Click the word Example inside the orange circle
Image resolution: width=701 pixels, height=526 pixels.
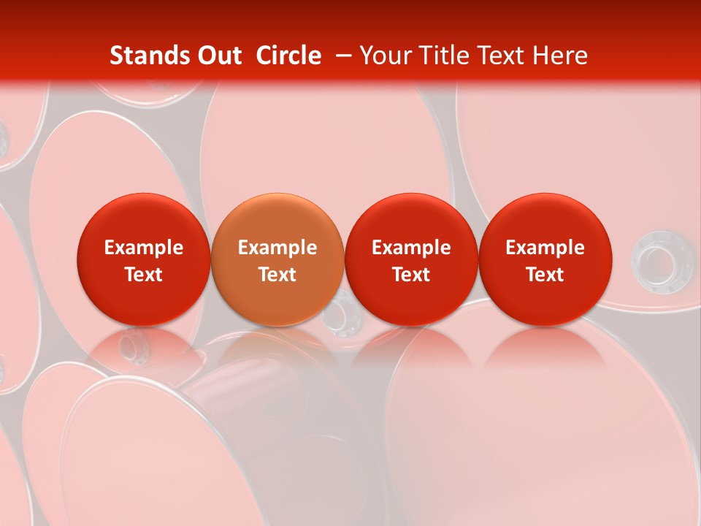(277, 248)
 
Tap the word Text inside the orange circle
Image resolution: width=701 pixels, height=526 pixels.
(277, 275)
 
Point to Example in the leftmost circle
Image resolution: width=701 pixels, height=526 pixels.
(144, 248)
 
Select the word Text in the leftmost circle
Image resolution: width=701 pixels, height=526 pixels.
(144, 275)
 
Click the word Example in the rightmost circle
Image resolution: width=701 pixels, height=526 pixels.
(545, 248)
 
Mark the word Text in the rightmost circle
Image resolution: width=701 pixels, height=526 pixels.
(545, 275)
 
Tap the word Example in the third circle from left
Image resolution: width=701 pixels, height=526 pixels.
(411, 248)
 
